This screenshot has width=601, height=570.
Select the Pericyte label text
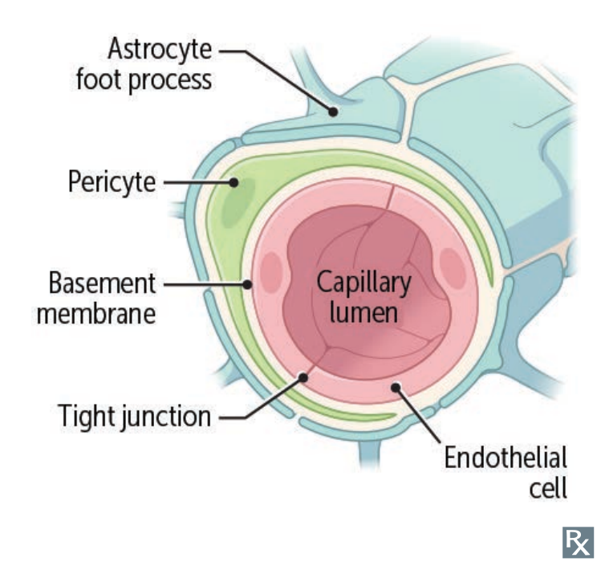112,182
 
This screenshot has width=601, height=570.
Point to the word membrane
101,312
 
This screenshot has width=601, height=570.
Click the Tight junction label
135,416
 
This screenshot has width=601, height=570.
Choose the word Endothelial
506,458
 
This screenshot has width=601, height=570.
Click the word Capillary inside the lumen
363,283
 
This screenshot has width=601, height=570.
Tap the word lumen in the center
363,311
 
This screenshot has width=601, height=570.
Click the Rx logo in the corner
579,542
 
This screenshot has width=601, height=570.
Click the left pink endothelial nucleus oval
271,271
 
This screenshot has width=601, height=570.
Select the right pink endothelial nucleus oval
453,268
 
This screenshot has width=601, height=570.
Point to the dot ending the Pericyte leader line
234,183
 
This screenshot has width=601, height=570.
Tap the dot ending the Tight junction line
304,374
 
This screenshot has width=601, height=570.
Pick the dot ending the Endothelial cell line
395,389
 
